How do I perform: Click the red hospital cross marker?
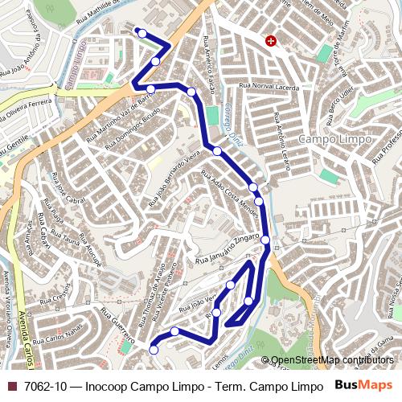pos(271,40)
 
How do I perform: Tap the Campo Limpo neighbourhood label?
pos(334,139)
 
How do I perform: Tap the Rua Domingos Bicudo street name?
pos(133,129)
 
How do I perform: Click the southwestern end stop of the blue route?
pos(154,350)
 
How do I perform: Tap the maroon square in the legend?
pos(11,386)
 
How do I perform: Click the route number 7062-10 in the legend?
pos(45,386)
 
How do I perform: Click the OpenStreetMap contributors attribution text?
pos(332,360)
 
